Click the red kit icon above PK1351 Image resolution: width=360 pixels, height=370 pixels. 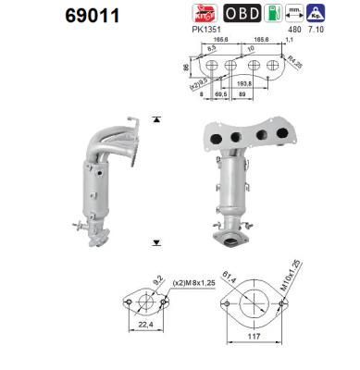[x=204, y=15]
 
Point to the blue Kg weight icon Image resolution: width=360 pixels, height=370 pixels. [x=342, y=15]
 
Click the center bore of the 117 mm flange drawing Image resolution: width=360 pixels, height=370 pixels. [x=248, y=306]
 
